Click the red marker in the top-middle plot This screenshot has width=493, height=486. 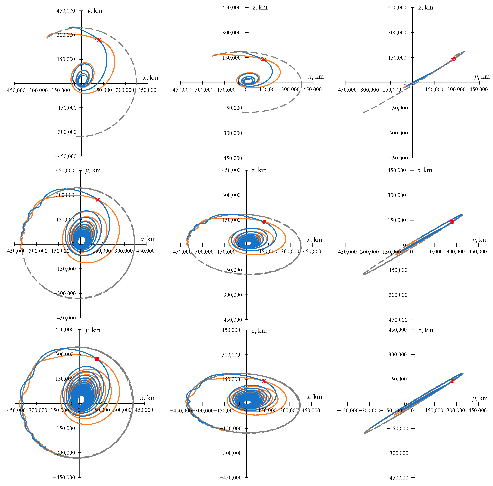coord(263,59)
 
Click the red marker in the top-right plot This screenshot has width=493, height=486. coord(453,59)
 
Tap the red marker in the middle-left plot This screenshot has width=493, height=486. coord(97,200)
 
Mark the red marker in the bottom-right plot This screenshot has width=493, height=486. coord(452,381)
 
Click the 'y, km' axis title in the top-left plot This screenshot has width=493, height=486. coord(95,11)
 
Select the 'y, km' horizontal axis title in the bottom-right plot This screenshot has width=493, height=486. coord(480,399)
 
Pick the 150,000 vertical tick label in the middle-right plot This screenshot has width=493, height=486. coord(397,220)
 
